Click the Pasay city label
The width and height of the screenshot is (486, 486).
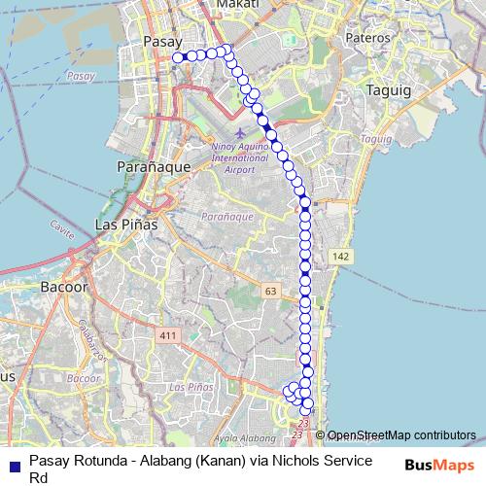pyautogui.click(x=156, y=41)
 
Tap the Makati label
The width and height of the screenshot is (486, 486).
pyautogui.click(x=238, y=5)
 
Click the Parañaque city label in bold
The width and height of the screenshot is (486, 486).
pyautogui.click(x=153, y=167)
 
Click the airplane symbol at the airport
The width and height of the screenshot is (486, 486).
pyautogui.click(x=240, y=131)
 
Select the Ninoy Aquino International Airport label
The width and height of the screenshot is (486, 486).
pyautogui.click(x=238, y=156)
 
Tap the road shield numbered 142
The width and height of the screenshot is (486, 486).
pyautogui.click(x=339, y=256)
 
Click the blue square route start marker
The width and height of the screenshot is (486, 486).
pyautogui.click(x=178, y=57)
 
